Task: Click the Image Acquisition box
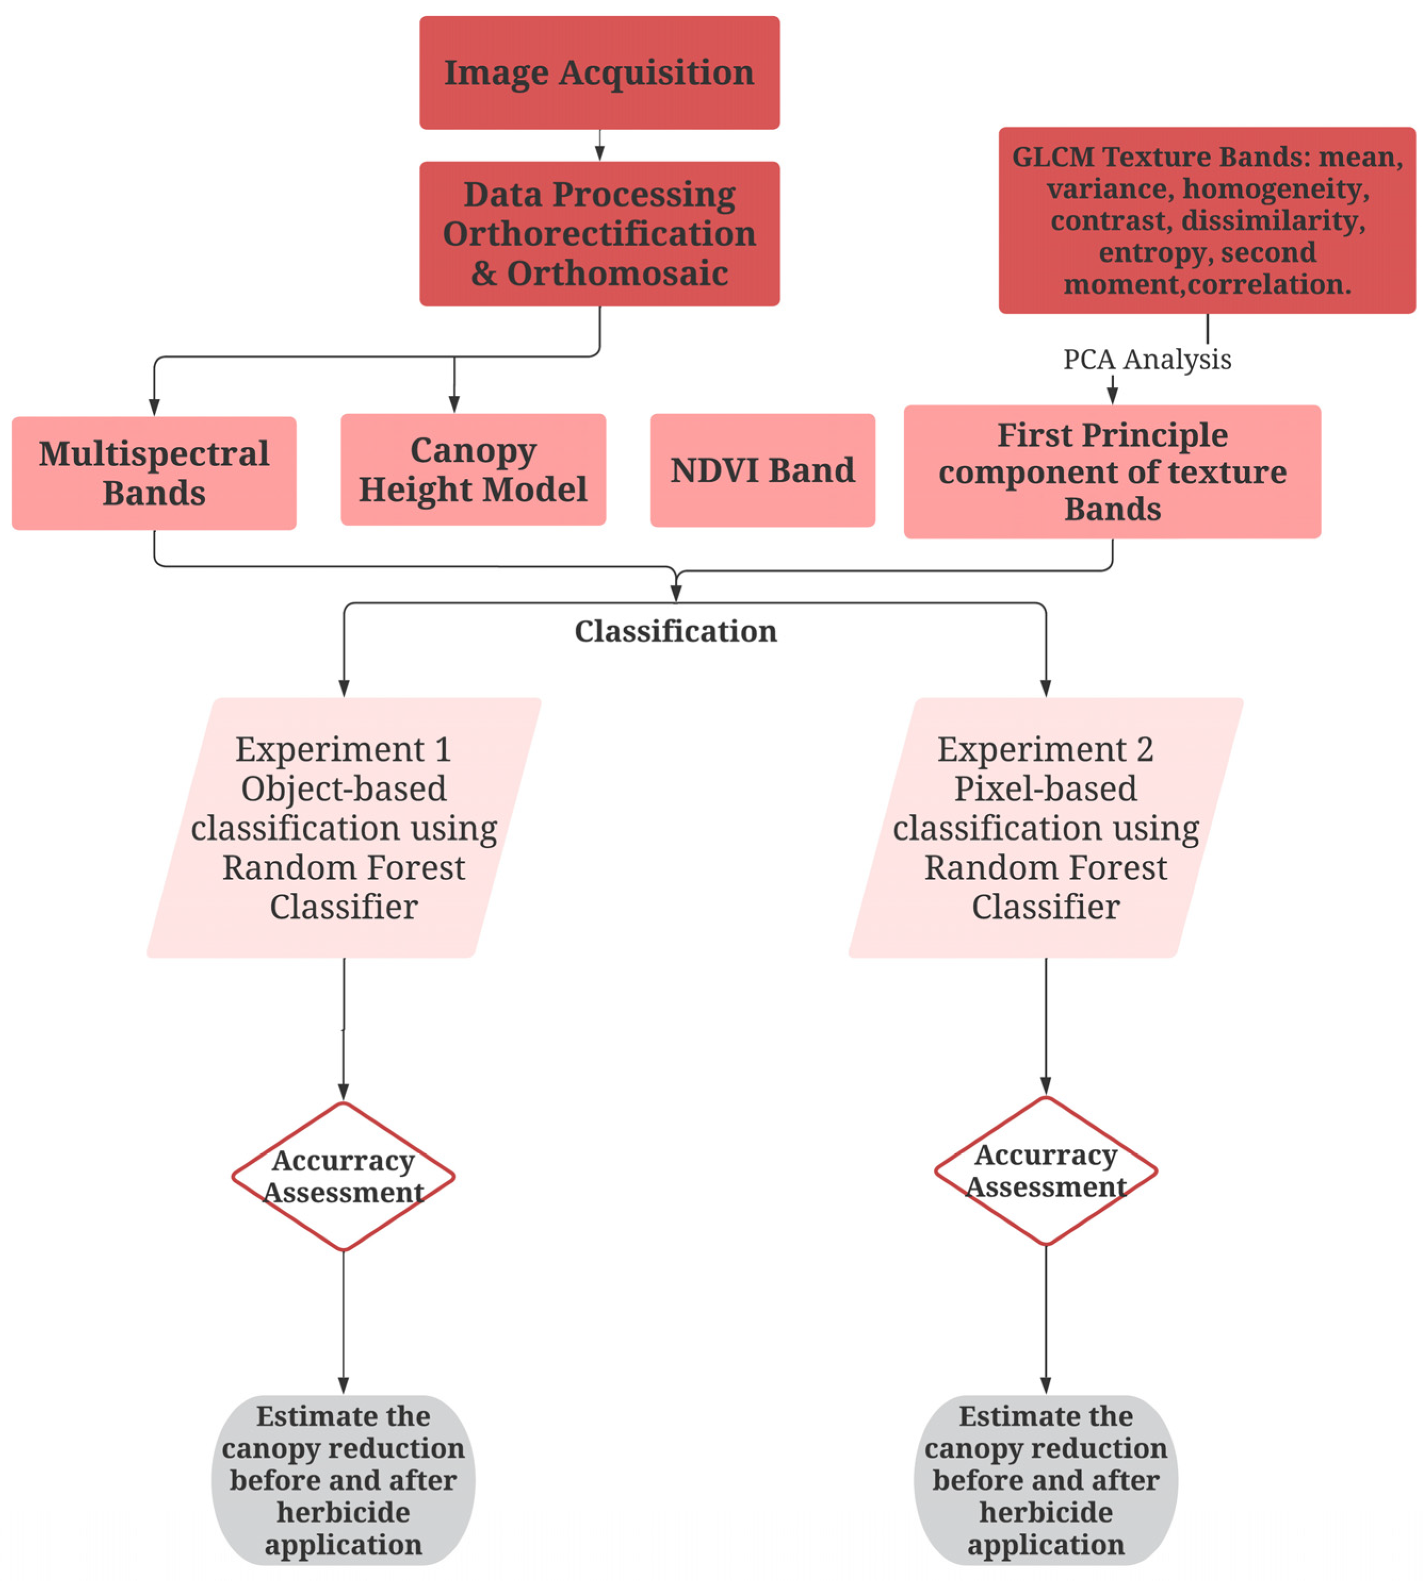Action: (599, 72)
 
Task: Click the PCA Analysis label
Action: (1146, 360)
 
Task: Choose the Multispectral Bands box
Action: (154, 473)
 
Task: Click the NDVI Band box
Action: (762, 470)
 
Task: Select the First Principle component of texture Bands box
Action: (1112, 471)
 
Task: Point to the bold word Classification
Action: (676, 631)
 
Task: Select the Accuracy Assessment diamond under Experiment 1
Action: (343, 1176)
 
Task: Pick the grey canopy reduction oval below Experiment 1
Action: (343, 1479)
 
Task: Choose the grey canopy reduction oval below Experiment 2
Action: (1045, 1479)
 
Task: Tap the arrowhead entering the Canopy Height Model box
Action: (454, 404)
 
